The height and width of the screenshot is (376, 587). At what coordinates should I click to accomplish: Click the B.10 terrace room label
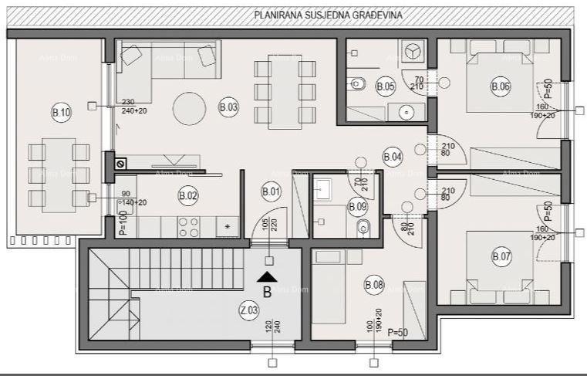tap(61, 113)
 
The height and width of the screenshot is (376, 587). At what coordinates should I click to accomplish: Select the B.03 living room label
tap(228, 108)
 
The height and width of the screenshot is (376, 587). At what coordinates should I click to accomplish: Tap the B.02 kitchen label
tap(187, 195)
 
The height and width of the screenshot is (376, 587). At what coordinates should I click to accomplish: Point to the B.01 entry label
tap(271, 191)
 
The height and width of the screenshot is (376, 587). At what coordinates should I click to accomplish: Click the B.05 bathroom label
tap(386, 87)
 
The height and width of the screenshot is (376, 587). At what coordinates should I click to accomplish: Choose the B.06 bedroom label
tap(501, 87)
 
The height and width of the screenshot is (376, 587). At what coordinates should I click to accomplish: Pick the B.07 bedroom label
tap(501, 256)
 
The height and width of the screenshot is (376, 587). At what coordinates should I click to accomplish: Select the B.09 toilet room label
tap(356, 206)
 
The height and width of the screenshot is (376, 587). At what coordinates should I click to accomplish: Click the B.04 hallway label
tap(393, 157)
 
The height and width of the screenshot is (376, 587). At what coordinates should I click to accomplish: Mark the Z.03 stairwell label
tap(248, 310)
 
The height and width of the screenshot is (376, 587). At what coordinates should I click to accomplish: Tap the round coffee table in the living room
tap(189, 108)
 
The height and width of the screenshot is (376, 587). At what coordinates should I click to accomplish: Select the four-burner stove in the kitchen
tap(188, 227)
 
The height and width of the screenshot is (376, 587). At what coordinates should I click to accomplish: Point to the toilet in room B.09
tap(365, 228)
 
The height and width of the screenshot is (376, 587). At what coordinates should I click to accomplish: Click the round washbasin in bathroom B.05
tap(406, 112)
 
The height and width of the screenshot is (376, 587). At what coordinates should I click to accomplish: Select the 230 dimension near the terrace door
tap(128, 101)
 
